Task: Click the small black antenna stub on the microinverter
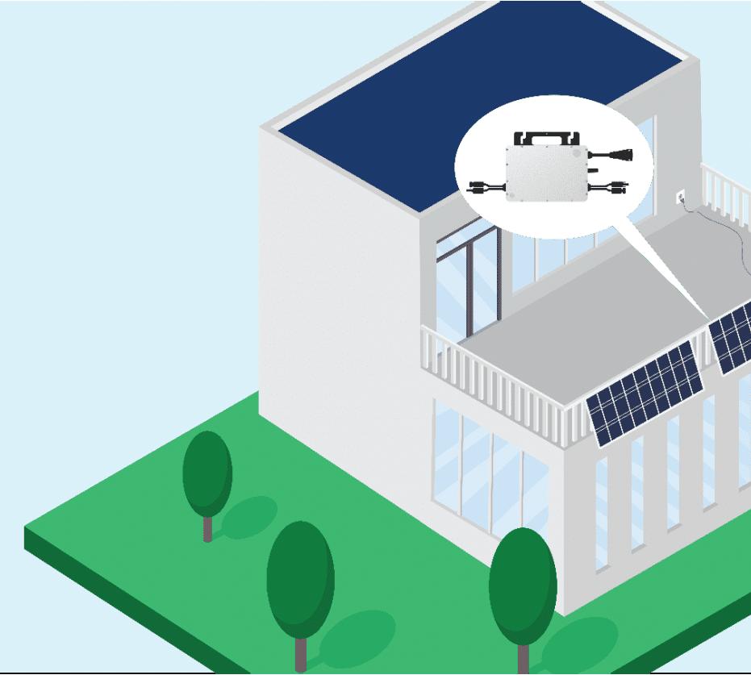(594, 170)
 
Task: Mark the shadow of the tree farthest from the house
(250, 517)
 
